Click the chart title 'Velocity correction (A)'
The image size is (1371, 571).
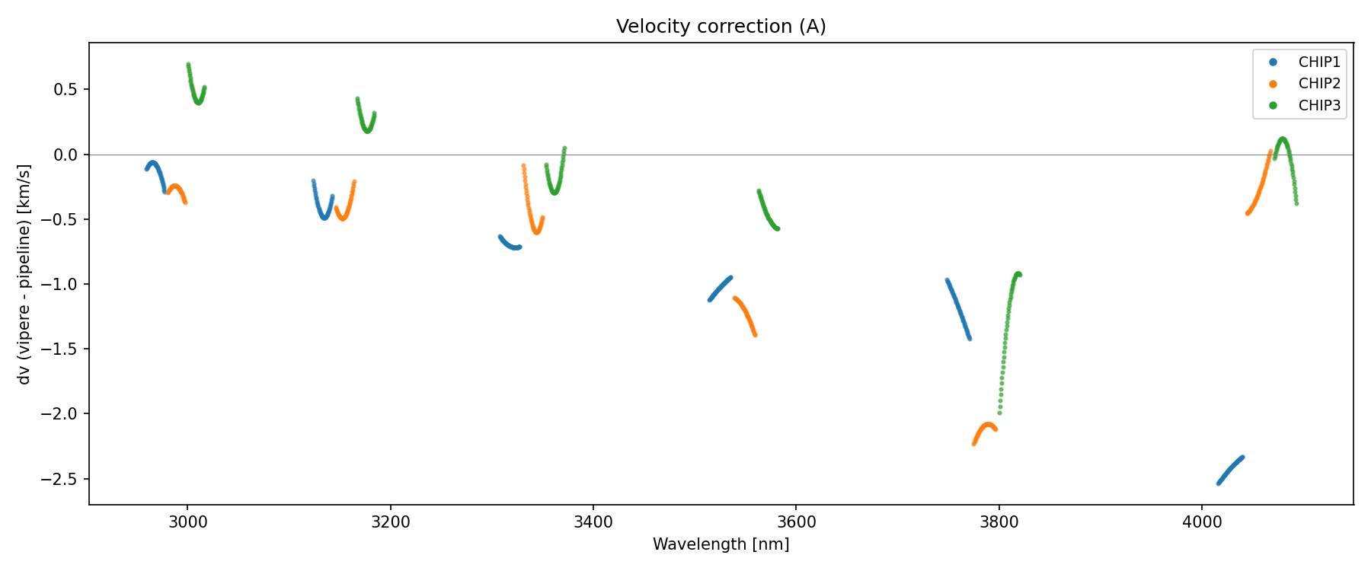pyautogui.click(x=721, y=27)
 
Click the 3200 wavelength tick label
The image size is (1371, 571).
pyautogui.click(x=390, y=522)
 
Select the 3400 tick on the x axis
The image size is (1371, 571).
pyautogui.click(x=593, y=522)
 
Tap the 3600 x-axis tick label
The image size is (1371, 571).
pyautogui.click(x=795, y=522)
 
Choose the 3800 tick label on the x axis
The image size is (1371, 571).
pyautogui.click(x=999, y=522)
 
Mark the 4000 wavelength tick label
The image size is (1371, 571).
pyautogui.click(x=1201, y=522)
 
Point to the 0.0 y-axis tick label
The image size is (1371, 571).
pyautogui.click(x=68, y=155)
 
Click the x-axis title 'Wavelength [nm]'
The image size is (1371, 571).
pyautogui.click(x=721, y=544)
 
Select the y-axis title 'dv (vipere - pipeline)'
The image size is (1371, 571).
pyautogui.click(x=24, y=274)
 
